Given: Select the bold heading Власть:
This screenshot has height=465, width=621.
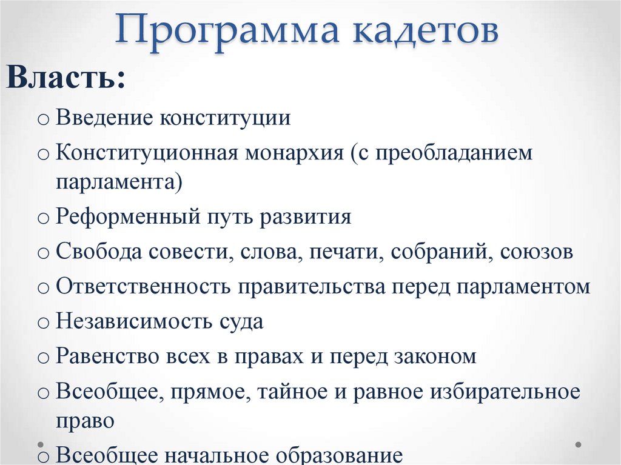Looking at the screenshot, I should [66, 79].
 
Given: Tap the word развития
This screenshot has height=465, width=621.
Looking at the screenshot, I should [306, 217].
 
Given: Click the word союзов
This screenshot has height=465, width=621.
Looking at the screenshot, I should [537, 252].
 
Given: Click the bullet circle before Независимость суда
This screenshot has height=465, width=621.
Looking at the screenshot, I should [42, 323].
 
